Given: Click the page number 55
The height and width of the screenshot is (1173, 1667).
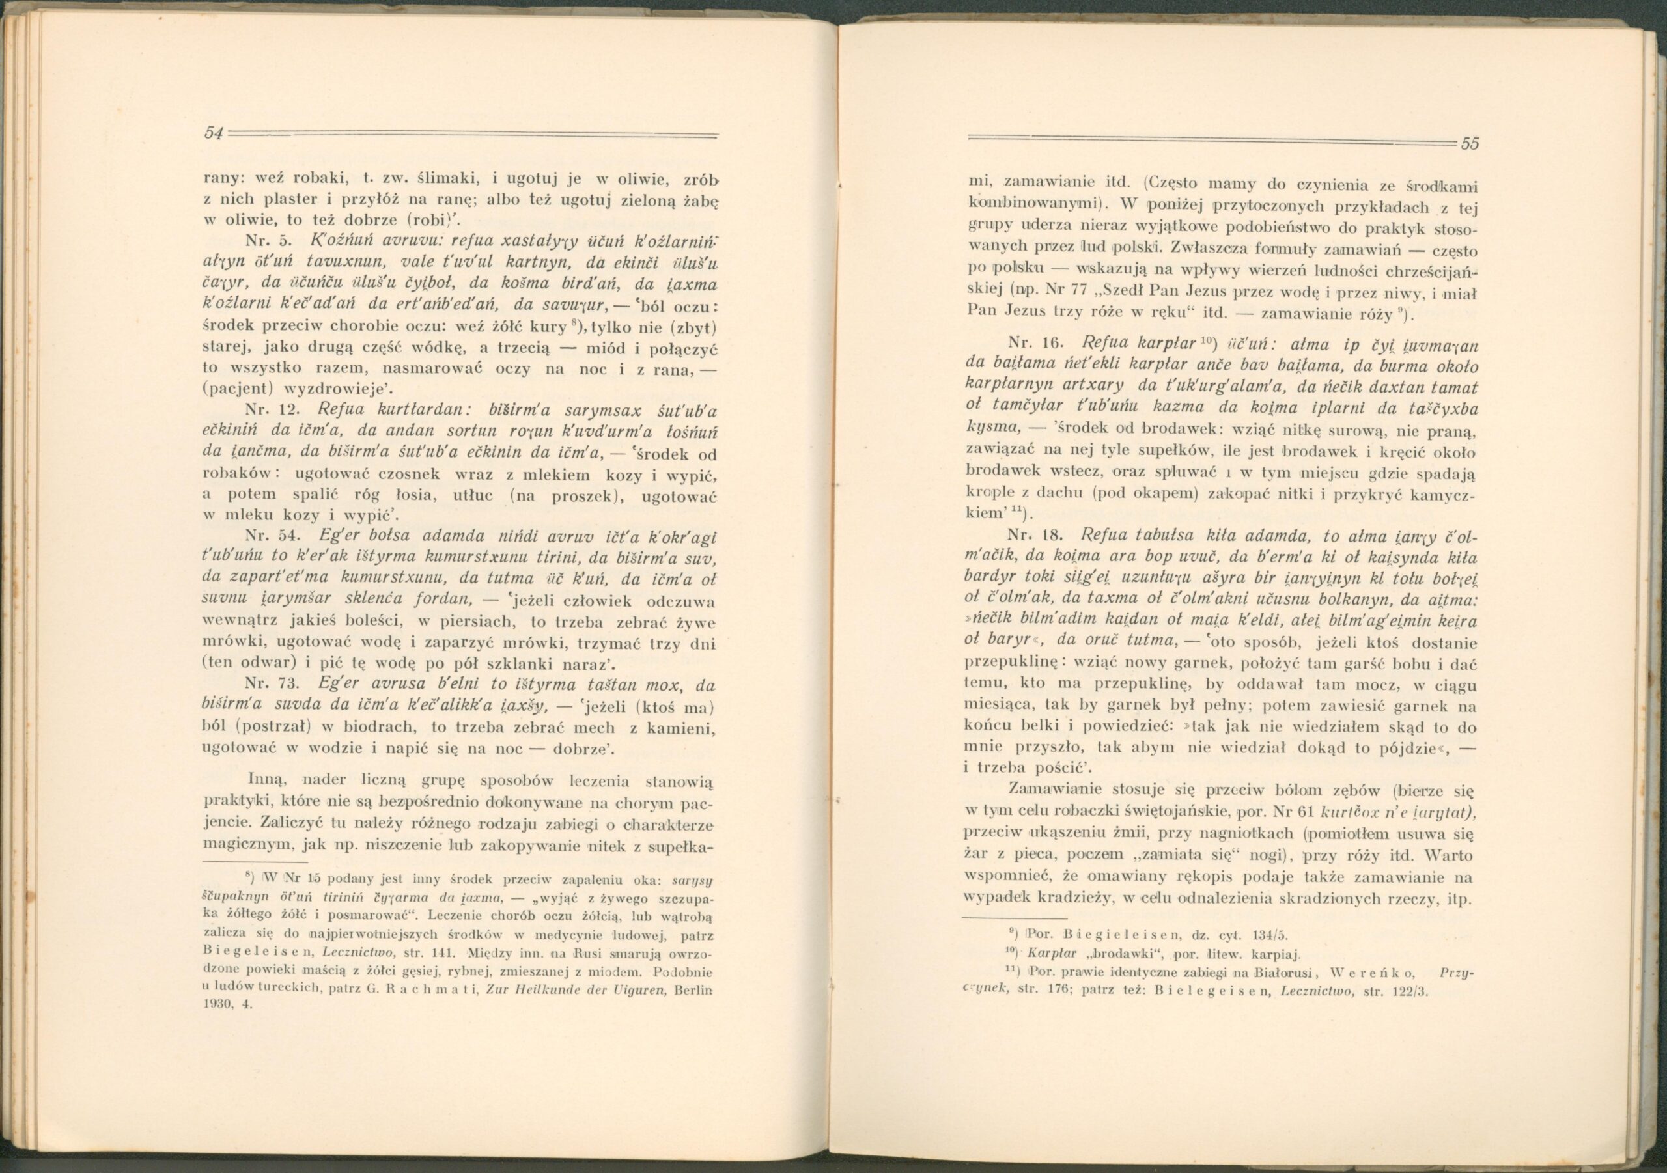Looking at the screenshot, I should tap(1470, 144).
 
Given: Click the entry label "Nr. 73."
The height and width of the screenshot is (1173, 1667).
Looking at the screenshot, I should tap(271, 685).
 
